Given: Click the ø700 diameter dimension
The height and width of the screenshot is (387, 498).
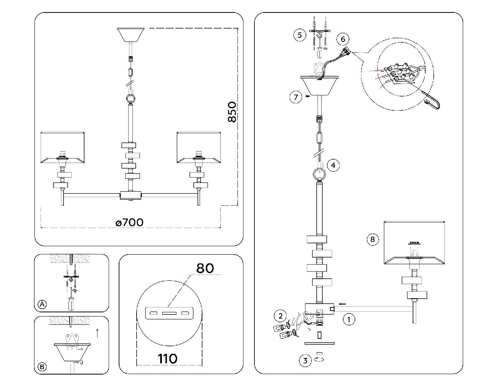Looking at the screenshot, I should (x=129, y=222).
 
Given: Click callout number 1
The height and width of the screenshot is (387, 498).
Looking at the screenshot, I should (x=349, y=319).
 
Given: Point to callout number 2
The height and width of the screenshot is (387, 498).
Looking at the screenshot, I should (x=280, y=316).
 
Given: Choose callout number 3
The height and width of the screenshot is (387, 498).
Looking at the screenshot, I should (x=305, y=360).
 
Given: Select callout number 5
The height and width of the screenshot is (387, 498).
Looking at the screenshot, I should (x=300, y=35).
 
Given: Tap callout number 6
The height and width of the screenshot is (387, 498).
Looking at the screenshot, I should (x=342, y=39).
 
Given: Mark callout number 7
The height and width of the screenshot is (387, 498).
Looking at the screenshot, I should (x=295, y=97).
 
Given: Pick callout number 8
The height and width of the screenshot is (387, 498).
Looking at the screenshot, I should (x=372, y=239).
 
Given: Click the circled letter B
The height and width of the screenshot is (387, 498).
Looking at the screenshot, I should (x=42, y=367).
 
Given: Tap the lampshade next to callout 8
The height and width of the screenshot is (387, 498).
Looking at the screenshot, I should (x=415, y=243).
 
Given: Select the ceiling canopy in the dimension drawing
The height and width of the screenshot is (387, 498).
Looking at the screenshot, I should (x=131, y=34).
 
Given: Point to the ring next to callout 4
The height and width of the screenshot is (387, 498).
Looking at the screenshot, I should (x=319, y=174).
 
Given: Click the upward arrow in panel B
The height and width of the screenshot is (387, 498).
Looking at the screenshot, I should (x=98, y=332).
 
